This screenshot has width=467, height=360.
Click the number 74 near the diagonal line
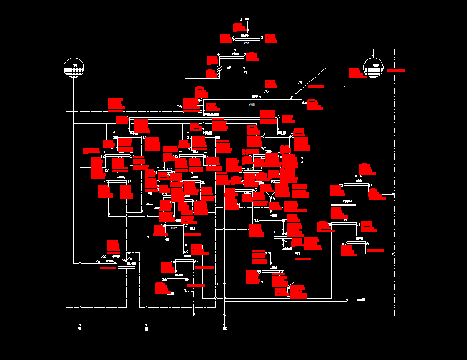[299, 83]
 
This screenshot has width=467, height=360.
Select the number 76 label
[266, 91]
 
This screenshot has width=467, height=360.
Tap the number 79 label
[179, 107]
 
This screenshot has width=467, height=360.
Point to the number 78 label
[98, 261]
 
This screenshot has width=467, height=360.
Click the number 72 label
[103, 256]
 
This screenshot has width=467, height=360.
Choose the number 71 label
[186, 251]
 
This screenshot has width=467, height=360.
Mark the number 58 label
[341, 186]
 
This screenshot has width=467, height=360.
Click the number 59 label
[371, 186]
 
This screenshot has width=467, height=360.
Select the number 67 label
[344, 243]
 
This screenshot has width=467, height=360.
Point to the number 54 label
[256, 221]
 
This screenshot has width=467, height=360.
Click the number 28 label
[150, 194]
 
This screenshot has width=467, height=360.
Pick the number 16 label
[130, 182]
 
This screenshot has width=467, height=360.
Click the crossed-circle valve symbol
[219, 68]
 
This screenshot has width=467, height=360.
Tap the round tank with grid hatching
[374, 68]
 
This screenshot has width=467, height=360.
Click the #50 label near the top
[246, 43]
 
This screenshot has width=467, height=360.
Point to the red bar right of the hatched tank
[396, 71]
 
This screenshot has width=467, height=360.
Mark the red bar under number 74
[316, 86]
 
